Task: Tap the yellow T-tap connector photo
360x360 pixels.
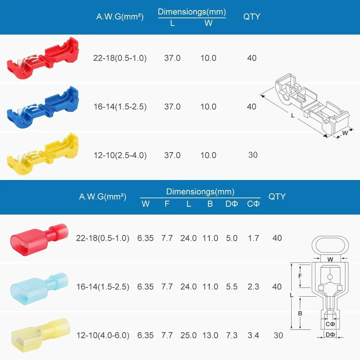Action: pos(43,155)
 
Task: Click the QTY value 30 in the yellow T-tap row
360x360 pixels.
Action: pos(253,155)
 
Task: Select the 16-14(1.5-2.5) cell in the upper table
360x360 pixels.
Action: pos(120,106)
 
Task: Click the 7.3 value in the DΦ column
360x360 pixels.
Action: pos(231,335)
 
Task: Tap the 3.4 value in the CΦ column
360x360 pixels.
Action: pos(253,335)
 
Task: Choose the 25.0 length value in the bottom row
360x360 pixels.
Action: pos(188,335)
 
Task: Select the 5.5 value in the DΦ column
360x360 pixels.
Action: pos(231,286)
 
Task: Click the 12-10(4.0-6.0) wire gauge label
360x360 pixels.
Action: pos(103,335)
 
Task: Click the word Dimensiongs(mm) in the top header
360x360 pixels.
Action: pos(192,11)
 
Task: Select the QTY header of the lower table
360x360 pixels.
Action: pos(277,196)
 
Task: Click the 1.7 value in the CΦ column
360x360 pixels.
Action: pos(253,238)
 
